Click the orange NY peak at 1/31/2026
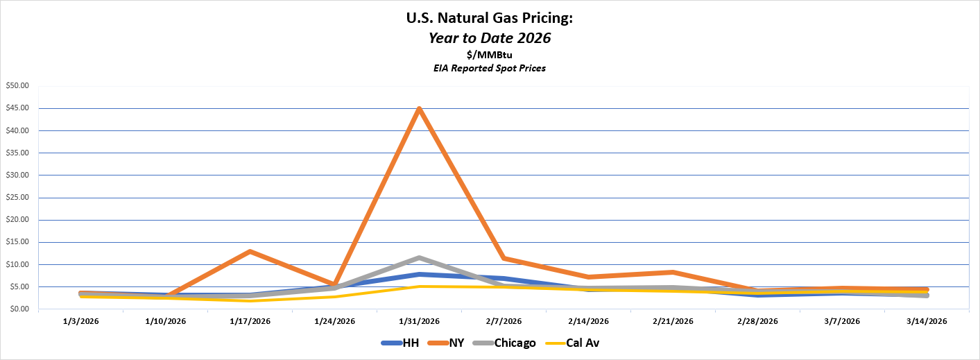[x=419, y=109]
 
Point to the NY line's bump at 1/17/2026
[x=250, y=251]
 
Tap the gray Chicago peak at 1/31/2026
[x=419, y=258]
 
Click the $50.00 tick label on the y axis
[x=18, y=86]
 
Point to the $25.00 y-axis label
[x=18, y=198]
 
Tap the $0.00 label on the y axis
[x=19, y=309]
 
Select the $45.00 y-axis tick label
[x=18, y=108]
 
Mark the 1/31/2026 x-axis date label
[x=419, y=321]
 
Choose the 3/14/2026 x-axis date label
[x=927, y=321]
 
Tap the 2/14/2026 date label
[x=588, y=321]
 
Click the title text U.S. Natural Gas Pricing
[x=490, y=19]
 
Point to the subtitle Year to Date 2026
[x=490, y=38]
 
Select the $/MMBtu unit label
[x=490, y=55]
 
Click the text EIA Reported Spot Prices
[x=490, y=68]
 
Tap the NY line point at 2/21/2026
[x=673, y=272]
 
